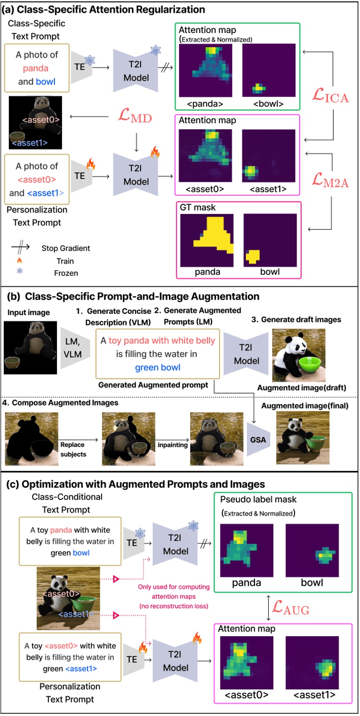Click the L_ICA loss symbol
[x=330, y=95]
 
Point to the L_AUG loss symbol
[x=290, y=608]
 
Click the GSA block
[x=258, y=440]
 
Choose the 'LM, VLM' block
[x=73, y=348]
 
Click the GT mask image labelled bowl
[x=270, y=240]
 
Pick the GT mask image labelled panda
[x=207, y=240]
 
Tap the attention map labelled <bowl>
[x=269, y=70]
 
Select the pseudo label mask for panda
[x=246, y=551]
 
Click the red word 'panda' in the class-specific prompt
[x=36, y=68]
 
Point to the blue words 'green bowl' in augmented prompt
[x=158, y=368]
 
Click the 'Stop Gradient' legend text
[x=65, y=248]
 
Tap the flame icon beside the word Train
[x=20, y=260]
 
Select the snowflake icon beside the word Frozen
[x=20, y=271]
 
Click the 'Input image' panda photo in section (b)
[x=30, y=347]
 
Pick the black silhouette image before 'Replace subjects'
[x=32, y=439]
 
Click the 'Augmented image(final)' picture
[x=303, y=438]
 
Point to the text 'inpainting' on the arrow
[x=172, y=445]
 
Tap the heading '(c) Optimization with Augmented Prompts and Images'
[x=135, y=484]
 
